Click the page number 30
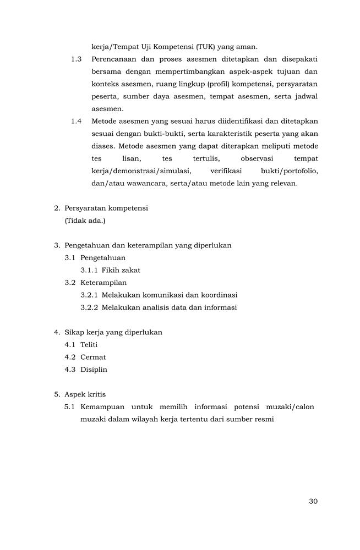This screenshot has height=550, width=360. [x=313, y=501]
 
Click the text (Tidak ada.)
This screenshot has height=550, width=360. [x=85, y=221]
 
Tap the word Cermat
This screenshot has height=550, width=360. [x=93, y=357]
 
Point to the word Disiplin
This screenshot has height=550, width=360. [x=94, y=370]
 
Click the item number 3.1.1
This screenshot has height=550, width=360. [x=89, y=270]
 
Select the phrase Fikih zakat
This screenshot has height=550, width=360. [x=121, y=270]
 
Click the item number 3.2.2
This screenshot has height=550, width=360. [x=89, y=307]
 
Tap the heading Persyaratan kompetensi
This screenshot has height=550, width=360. [x=106, y=208]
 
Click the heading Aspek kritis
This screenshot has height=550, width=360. [x=85, y=394]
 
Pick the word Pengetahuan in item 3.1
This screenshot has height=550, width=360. [x=102, y=257]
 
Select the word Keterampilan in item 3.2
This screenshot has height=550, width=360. [x=103, y=283]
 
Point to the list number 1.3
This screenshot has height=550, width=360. [x=77, y=59]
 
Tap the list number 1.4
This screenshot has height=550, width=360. [x=77, y=121]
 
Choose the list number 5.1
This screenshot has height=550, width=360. [x=69, y=407]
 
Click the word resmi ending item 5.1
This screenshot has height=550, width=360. [x=263, y=419]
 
